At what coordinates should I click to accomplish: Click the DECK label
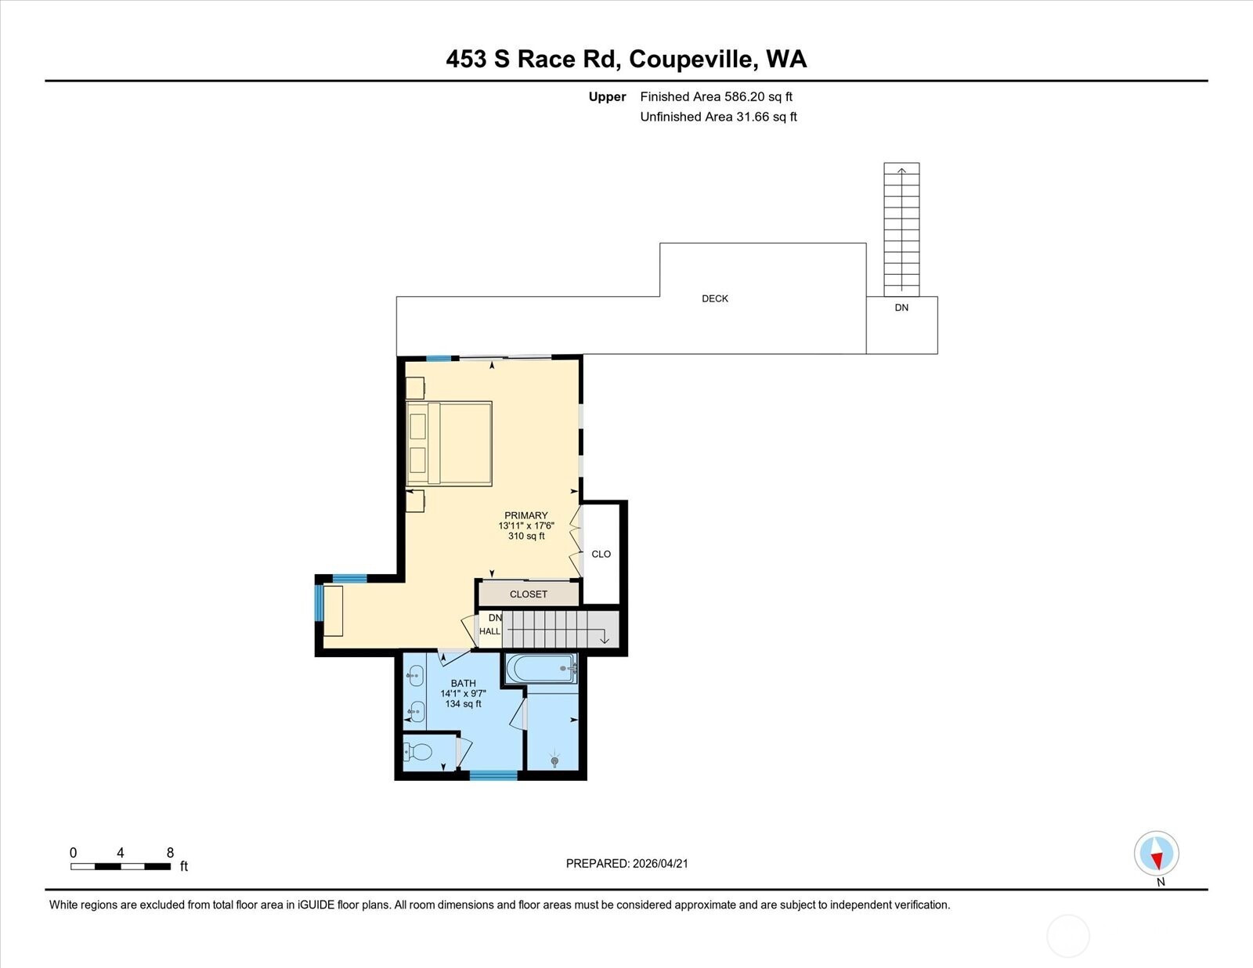714,298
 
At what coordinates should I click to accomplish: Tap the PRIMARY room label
526,515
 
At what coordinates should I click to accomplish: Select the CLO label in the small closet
601,554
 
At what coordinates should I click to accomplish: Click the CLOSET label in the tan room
528,594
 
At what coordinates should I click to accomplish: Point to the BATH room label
463,683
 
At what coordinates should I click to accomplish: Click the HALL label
489,631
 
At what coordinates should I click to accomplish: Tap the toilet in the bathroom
418,752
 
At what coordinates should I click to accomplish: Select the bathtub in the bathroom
541,668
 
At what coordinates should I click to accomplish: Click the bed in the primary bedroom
450,443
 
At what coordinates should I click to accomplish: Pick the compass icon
1156,854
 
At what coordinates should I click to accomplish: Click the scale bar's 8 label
170,853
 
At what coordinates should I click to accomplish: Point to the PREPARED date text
626,864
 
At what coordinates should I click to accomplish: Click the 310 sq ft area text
526,536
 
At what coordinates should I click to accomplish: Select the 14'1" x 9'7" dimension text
463,694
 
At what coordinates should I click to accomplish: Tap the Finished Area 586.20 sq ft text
716,97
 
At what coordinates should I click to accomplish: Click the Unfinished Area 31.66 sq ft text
718,117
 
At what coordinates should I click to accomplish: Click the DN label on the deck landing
901,308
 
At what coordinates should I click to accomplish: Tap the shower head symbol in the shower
554,760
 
